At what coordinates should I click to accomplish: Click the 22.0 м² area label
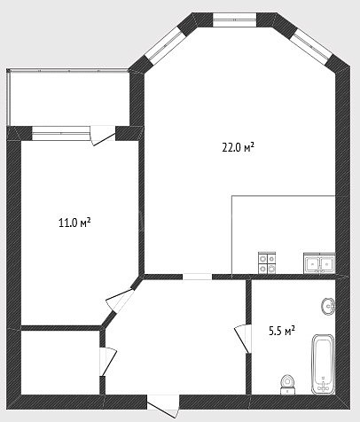point(238,147)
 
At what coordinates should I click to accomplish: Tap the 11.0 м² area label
point(74,223)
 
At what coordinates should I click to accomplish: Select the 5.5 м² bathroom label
point(282,331)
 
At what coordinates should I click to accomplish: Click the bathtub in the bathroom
point(324,364)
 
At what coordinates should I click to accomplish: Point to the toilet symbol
point(287,385)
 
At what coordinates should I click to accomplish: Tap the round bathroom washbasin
point(328,306)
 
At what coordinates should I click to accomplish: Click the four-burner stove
point(267,262)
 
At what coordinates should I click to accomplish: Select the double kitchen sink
point(319,263)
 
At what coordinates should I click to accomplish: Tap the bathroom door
point(244,339)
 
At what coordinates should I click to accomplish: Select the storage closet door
point(107,362)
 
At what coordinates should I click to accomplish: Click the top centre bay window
point(234,20)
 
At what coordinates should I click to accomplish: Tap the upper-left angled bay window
point(165,45)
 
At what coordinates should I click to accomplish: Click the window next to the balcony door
point(61,133)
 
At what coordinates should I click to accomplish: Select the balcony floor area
point(69,98)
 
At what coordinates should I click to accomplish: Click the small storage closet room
point(60,362)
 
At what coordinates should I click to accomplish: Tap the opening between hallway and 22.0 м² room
point(197,277)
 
